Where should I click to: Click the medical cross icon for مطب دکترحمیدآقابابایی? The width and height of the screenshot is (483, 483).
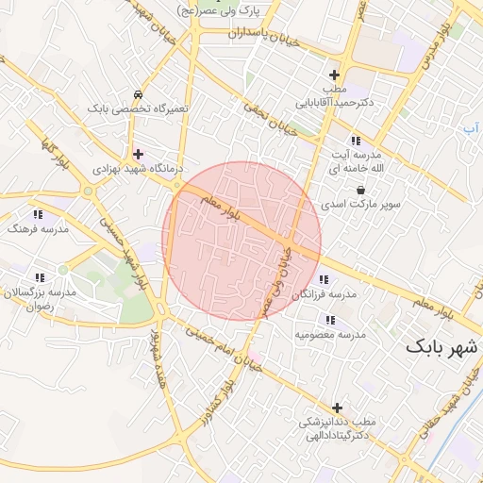point(334,75)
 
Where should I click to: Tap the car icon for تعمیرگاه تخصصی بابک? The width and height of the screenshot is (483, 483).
point(139,94)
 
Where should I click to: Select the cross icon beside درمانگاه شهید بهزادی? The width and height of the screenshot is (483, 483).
point(138,154)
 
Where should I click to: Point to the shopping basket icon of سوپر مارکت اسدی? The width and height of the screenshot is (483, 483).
point(360,190)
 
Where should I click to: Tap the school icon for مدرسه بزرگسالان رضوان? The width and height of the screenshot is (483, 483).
point(40,277)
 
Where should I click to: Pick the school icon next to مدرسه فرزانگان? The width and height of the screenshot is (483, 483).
point(325,279)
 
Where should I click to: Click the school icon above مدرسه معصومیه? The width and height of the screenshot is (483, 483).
point(330,320)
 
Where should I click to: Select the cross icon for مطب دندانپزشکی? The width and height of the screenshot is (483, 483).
point(338,408)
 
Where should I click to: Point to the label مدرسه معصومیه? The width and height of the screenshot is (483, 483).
point(330,334)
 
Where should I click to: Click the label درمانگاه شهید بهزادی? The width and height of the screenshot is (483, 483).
point(131,168)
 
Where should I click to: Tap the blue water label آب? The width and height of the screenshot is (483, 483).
point(469,126)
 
